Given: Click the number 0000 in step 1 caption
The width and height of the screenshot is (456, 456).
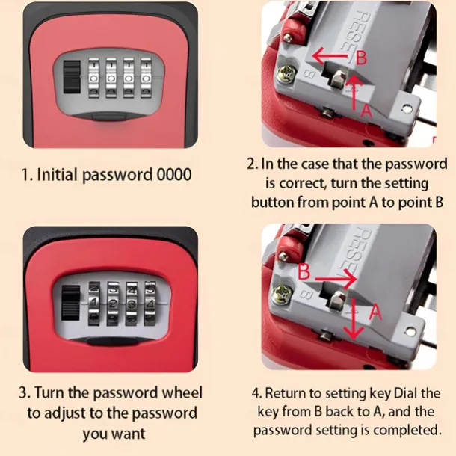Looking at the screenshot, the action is (x=174, y=174).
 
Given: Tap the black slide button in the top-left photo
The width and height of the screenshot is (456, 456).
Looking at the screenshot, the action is (x=72, y=77).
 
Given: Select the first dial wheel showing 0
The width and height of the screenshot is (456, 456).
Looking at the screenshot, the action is (x=93, y=78).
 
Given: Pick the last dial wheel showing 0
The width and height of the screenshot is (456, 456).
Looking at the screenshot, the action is (x=146, y=78).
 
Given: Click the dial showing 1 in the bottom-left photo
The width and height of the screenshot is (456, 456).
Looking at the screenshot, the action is (x=94, y=303).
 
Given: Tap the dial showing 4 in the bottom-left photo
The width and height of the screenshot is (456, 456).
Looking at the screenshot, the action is (x=150, y=303).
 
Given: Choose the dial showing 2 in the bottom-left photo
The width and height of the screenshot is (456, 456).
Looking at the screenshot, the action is (x=113, y=303).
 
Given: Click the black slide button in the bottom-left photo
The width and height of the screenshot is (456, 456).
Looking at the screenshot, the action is (x=71, y=303).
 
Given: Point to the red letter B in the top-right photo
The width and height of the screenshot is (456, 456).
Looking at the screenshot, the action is (x=362, y=58).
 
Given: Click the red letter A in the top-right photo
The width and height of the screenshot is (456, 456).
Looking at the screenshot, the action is (x=366, y=110).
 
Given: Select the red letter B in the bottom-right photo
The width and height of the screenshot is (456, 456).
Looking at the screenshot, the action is (x=304, y=271).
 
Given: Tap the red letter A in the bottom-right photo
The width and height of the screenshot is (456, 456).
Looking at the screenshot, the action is (x=375, y=312).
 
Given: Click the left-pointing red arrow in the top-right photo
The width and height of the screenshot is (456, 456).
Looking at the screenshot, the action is (x=330, y=55).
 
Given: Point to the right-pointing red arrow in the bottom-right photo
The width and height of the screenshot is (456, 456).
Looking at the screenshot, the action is (x=336, y=279).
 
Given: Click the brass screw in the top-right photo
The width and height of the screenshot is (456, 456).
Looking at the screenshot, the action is (x=286, y=73).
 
